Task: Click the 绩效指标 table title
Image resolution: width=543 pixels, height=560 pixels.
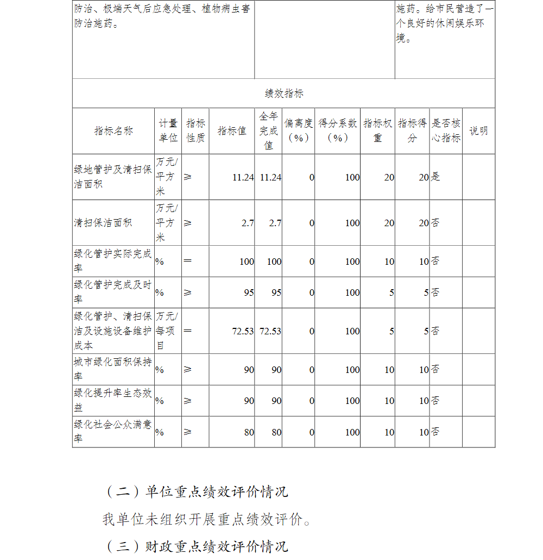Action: [x=284, y=94]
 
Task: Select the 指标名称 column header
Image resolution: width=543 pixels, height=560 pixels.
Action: [x=113, y=131]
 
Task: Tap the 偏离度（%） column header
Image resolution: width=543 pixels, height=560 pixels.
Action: [x=298, y=131]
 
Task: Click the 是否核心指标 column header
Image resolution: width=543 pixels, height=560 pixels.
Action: [x=446, y=131]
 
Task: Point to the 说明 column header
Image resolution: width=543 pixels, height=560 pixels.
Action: [x=478, y=131]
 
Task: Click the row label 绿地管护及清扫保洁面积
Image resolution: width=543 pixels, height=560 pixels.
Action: [x=113, y=177]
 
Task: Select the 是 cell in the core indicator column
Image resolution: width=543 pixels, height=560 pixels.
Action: [x=435, y=177]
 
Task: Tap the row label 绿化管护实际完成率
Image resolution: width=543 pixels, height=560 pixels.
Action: [x=113, y=261]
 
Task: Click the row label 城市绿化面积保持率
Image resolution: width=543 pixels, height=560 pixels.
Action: [x=113, y=369]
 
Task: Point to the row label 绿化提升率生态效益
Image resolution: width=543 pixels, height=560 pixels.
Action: [x=113, y=400]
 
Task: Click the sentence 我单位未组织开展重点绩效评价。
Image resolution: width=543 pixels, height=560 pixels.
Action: [x=207, y=519]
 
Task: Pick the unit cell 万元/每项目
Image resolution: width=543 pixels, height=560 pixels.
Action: [x=167, y=331]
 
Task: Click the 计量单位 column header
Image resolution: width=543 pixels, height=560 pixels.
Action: [x=168, y=131]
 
